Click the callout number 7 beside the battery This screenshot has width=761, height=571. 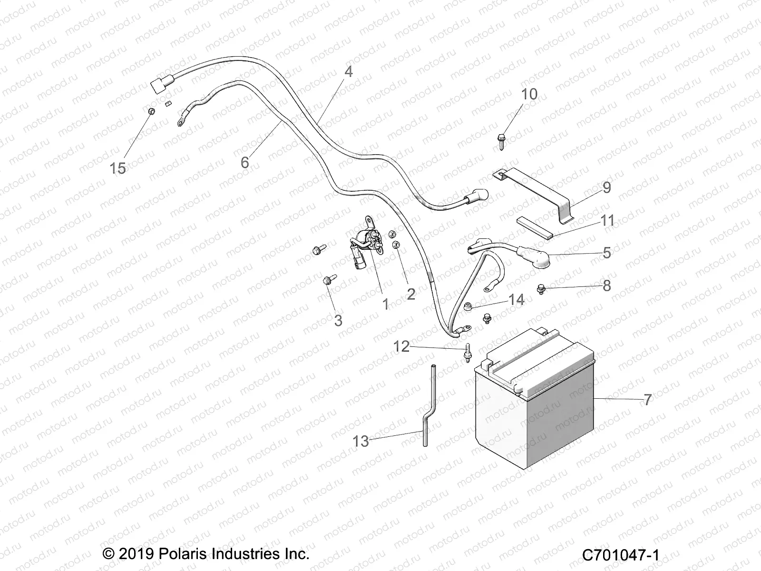647,400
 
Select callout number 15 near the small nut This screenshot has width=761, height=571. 118,168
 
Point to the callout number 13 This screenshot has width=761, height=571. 361,441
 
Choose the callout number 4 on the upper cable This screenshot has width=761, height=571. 349,72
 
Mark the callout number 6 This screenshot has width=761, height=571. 244,162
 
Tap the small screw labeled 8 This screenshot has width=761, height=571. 541,288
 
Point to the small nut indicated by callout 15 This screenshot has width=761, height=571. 163,112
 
